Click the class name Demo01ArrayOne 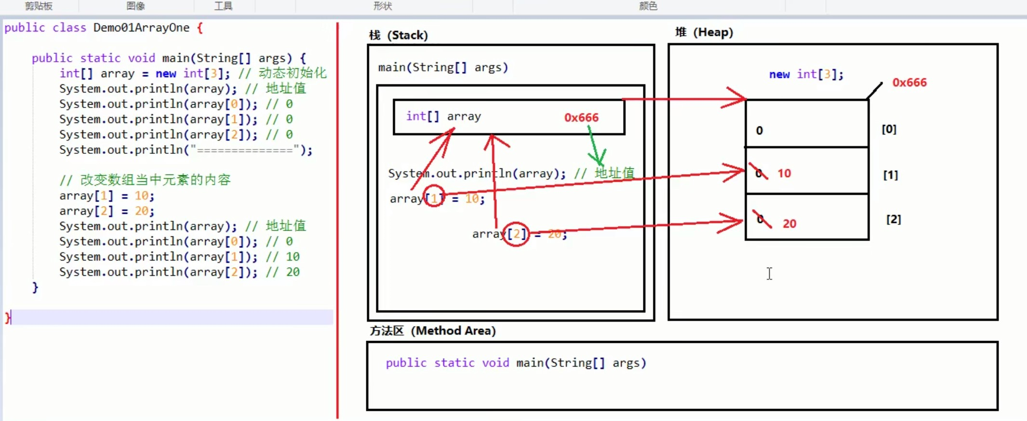(141, 28)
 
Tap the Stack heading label (399, 35)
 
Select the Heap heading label (704, 32)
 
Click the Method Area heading (432, 331)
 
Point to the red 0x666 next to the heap (909, 82)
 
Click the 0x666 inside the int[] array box (581, 118)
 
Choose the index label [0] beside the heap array (889, 129)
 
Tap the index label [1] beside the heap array (890, 175)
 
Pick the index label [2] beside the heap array (893, 219)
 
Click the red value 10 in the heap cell (784, 174)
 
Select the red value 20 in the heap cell (789, 224)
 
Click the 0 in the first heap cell (760, 131)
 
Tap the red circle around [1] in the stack (434, 196)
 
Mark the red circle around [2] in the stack (516, 234)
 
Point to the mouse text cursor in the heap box (770, 273)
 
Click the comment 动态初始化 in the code (293, 73)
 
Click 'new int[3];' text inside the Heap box (806, 74)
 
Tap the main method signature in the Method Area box (516, 363)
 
